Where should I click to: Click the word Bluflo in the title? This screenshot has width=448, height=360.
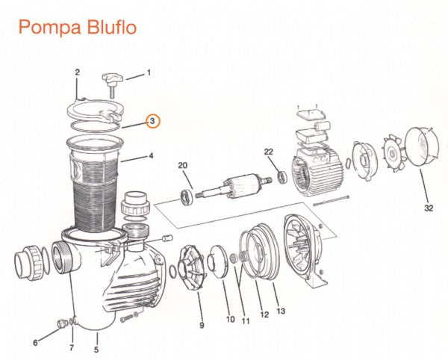[111, 27]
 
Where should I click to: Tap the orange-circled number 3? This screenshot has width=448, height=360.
[152, 121]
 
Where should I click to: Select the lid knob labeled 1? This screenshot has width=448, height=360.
[112, 84]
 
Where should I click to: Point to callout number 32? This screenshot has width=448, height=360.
[429, 208]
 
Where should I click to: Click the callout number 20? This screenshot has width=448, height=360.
[183, 165]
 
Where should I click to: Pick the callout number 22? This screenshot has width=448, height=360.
[268, 152]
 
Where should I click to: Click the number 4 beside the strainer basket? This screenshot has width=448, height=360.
[151, 155]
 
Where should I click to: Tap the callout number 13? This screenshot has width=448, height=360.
[281, 311]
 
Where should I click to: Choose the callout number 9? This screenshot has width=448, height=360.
[202, 325]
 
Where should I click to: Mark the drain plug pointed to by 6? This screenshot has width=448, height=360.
[61, 323]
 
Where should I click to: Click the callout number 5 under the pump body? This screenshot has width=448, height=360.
[96, 349]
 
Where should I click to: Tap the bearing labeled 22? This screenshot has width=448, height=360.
[282, 176]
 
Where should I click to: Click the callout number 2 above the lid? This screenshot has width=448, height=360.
[77, 72]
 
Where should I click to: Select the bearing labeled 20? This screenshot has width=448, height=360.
[187, 197]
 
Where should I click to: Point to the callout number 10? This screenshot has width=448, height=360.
[230, 319]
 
